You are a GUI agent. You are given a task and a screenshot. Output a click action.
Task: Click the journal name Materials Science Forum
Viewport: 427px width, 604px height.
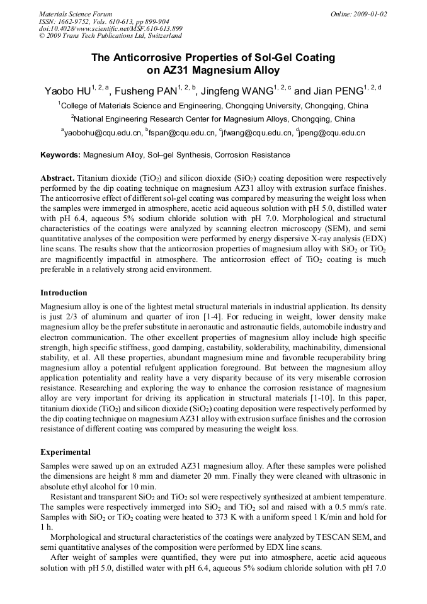pyautogui.click(x=76, y=14)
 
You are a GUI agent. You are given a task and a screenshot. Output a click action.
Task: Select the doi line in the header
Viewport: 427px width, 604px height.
pyautogui.click(x=111, y=29)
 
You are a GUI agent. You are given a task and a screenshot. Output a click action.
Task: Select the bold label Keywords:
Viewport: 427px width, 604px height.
pyautogui.click(x=60, y=155)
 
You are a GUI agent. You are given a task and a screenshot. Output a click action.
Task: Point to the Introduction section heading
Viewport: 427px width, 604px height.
pyautogui.click(x=64, y=293)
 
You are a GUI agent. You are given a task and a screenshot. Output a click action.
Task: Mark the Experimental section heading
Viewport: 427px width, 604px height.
pyautogui.click(x=65, y=452)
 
